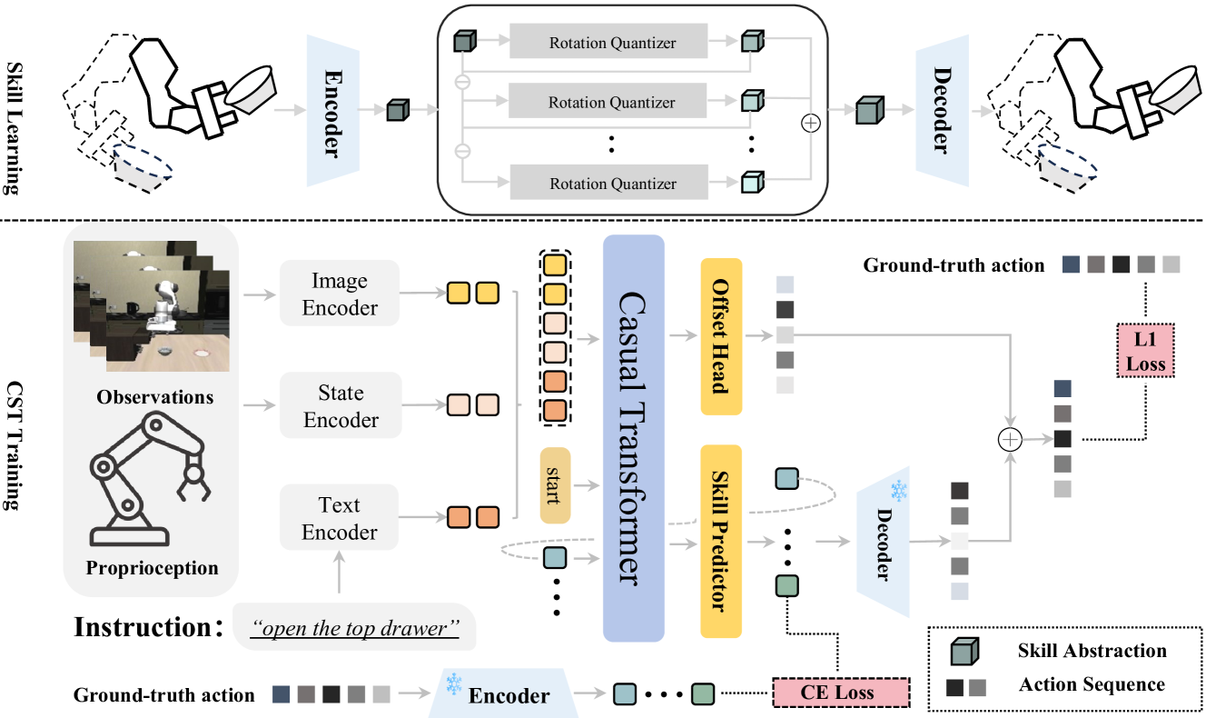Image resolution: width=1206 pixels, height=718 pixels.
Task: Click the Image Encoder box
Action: (x=339, y=294)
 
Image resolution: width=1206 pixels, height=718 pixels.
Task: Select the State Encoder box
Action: (x=339, y=406)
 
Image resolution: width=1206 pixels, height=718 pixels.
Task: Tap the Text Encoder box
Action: (x=339, y=518)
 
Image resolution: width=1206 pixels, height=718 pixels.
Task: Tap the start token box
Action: (x=554, y=485)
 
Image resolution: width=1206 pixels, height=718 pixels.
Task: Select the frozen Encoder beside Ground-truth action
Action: (x=508, y=695)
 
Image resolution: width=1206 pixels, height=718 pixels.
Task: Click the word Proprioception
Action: (x=153, y=569)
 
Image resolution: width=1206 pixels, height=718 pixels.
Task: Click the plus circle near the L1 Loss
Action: (x=1010, y=439)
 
